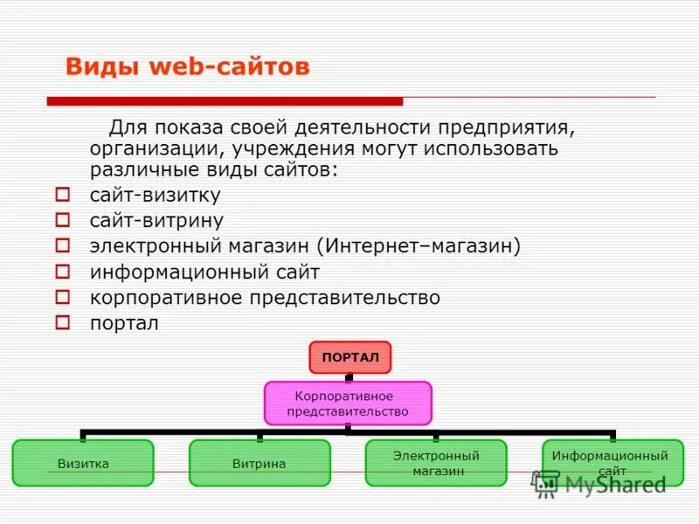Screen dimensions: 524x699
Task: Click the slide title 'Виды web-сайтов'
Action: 188,67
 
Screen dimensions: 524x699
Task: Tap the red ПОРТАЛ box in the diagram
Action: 349,357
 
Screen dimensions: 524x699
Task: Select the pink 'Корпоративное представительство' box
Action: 348,403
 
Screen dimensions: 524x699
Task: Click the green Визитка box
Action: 83,463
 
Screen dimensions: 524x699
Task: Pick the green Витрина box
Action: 260,463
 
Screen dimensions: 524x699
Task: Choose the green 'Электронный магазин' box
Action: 436,463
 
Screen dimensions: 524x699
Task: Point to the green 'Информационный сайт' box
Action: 612,463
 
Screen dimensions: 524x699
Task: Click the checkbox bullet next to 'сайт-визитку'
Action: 62,194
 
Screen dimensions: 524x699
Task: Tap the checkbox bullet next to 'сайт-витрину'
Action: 62,220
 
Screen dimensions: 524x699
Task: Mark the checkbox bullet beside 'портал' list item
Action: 62,322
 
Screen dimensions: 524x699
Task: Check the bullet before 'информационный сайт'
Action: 62,272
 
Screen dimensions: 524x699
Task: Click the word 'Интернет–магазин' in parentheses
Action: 419,246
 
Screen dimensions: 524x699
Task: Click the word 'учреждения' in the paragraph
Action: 280,148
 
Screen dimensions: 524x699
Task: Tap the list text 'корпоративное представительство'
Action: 265,298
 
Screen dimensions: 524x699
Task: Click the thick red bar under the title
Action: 225,101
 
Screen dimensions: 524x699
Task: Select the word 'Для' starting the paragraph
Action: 125,128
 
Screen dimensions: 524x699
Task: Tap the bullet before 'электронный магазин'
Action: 62,245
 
